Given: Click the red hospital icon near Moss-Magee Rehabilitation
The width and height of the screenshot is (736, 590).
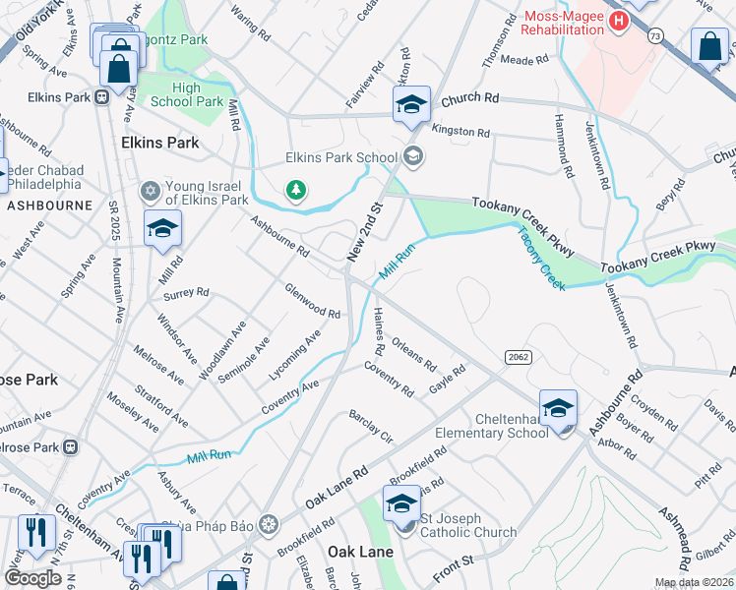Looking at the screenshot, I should coord(618,20).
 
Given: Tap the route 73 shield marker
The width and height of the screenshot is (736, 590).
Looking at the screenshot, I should coord(655,34).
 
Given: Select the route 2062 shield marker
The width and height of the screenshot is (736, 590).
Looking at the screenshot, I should coord(519,356).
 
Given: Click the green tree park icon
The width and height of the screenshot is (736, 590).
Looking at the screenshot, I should coord(294,189).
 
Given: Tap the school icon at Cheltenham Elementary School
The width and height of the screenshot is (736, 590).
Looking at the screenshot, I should coord(558,408).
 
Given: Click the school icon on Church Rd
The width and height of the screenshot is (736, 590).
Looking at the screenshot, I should coord(412,105).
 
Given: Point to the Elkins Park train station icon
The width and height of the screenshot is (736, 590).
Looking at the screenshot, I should coord(100,97).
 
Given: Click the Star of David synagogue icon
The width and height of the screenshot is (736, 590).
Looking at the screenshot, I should coord(150,189).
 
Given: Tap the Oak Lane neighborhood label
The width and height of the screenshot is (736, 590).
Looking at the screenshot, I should coord(360,552).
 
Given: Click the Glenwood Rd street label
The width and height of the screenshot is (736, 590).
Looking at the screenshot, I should coord(312,301).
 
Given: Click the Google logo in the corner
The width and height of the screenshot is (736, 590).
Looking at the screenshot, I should coord(32,577).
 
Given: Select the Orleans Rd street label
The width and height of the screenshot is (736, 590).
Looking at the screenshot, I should coord(413,355).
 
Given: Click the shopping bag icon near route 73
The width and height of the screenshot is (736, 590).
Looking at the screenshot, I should coord(709,46).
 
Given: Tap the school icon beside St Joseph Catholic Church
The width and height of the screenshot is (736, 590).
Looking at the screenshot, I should coord(401,506).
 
